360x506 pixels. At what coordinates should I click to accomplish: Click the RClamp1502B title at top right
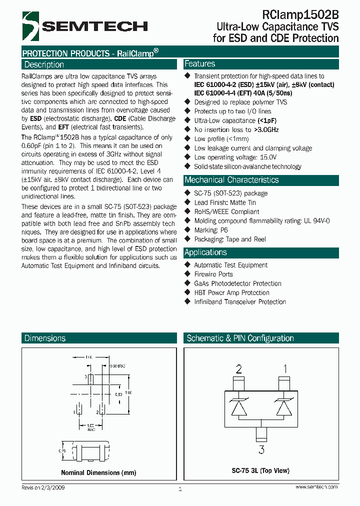coord(300,14)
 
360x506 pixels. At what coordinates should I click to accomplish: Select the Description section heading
coord(44,64)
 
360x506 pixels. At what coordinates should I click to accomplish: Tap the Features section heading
coord(200,64)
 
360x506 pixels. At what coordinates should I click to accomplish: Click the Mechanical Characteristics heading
coord(231,180)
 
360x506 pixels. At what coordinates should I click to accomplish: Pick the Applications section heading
coord(205,252)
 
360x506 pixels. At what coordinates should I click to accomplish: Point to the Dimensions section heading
coord(45,338)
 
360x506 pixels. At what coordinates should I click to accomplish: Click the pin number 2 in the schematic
coord(239,369)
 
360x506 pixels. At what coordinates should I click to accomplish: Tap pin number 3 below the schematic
coord(261,449)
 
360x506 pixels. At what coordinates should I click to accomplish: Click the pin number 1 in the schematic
coord(285,369)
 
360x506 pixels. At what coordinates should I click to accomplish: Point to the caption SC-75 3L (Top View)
coord(260,470)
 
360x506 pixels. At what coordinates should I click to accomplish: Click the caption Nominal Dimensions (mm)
coord(98,472)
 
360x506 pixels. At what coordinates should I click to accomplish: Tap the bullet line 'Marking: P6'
coord(211,230)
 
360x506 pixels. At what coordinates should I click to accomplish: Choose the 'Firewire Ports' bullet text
coord(213,274)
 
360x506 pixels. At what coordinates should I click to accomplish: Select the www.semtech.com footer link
coord(316,487)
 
